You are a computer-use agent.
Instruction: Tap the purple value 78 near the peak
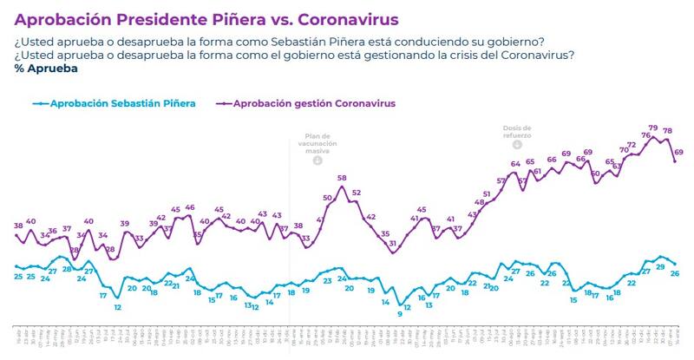pos(668,131)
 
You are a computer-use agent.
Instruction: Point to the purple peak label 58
pos(342,178)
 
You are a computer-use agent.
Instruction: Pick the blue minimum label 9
pos(400,313)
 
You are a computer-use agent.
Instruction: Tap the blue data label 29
pos(661,267)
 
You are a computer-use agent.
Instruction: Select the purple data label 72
pos(632,145)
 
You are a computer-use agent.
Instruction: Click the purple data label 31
pos(393,244)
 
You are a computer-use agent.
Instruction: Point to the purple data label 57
pos(501,180)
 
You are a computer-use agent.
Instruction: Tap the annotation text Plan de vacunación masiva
pos(317,143)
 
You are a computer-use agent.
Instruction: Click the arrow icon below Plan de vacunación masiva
pos(317,160)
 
